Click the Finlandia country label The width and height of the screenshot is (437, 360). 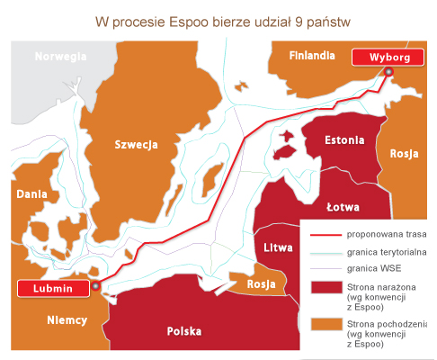click(312, 56)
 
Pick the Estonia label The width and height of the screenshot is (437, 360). click(344, 140)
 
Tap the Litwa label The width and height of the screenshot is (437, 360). click(277, 247)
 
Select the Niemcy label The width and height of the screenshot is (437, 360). click(67, 319)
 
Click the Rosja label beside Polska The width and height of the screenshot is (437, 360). click(260, 284)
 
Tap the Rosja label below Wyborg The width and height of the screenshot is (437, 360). click(404, 153)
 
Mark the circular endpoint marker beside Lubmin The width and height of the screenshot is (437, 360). click(95, 287)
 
